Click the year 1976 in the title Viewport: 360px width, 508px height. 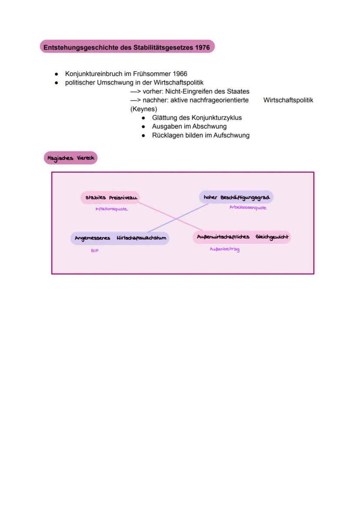(201, 47)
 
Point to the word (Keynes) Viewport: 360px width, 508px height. (143, 109)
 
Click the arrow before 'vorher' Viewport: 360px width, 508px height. (135, 92)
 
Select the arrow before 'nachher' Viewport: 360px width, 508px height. (135, 100)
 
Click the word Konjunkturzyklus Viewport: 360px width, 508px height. (217, 118)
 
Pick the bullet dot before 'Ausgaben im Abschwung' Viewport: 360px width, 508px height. (143, 126)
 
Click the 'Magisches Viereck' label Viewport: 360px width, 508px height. (70, 158)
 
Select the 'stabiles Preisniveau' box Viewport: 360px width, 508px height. (110, 198)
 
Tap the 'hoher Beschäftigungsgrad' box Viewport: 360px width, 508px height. (236, 197)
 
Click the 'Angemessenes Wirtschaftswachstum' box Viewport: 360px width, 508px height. (120, 238)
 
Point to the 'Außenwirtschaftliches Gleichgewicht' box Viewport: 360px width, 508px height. (242, 237)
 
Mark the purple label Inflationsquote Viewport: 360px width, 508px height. (112, 209)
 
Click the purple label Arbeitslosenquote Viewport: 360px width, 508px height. (248, 208)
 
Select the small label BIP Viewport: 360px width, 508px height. (94, 251)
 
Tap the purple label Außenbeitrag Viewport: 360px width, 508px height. (224, 249)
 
